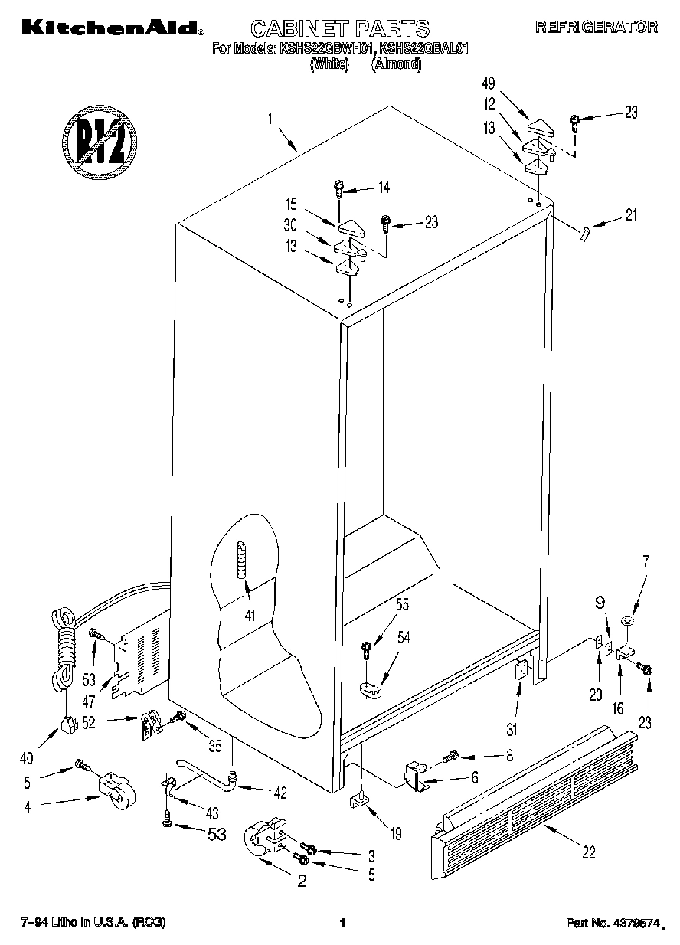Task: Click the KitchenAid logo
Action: tap(112, 28)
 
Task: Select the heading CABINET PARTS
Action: tap(340, 29)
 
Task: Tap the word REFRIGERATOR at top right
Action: tap(596, 27)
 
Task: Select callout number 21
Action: tap(630, 215)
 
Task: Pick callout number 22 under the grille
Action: tap(587, 852)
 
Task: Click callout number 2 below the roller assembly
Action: tap(301, 881)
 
